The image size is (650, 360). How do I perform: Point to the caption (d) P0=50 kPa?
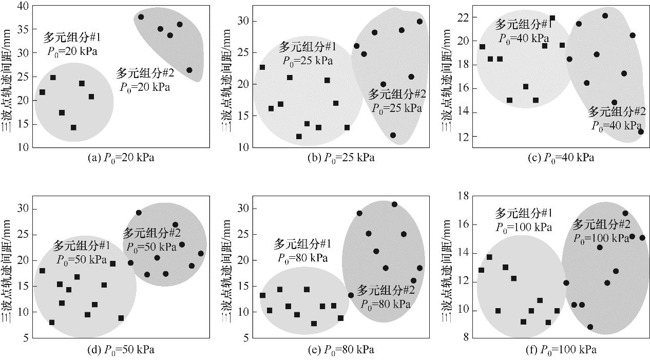tap(121, 350)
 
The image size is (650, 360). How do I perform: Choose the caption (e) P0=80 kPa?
tap(341, 350)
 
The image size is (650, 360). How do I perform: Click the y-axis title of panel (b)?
tap(225, 76)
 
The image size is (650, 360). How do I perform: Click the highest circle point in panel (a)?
tap(141, 17)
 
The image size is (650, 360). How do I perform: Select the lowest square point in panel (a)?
tap(73, 127)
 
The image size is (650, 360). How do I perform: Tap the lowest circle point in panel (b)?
tap(393, 136)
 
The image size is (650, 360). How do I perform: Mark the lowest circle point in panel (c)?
tap(641, 132)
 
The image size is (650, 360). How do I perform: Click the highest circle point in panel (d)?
tap(139, 213)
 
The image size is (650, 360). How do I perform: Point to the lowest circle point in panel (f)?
tap(590, 327)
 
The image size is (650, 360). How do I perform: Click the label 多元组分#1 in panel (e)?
tap(302, 243)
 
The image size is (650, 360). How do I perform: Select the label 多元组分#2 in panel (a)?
tap(145, 73)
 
